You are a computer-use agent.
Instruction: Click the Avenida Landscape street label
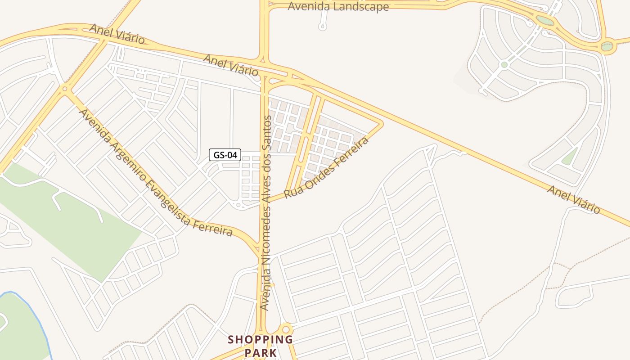click(x=338, y=7)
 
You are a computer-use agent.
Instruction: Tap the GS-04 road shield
click(x=225, y=155)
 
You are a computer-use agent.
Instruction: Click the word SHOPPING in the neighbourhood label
click(x=260, y=340)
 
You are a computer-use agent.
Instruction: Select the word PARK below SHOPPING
click(x=261, y=352)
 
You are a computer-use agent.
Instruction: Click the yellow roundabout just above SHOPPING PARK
click(x=285, y=329)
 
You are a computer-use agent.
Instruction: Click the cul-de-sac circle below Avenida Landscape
click(x=322, y=27)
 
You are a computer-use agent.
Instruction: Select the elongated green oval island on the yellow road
click(x=544, y=21)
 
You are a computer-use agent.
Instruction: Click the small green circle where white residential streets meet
click(x=504, y=65)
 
